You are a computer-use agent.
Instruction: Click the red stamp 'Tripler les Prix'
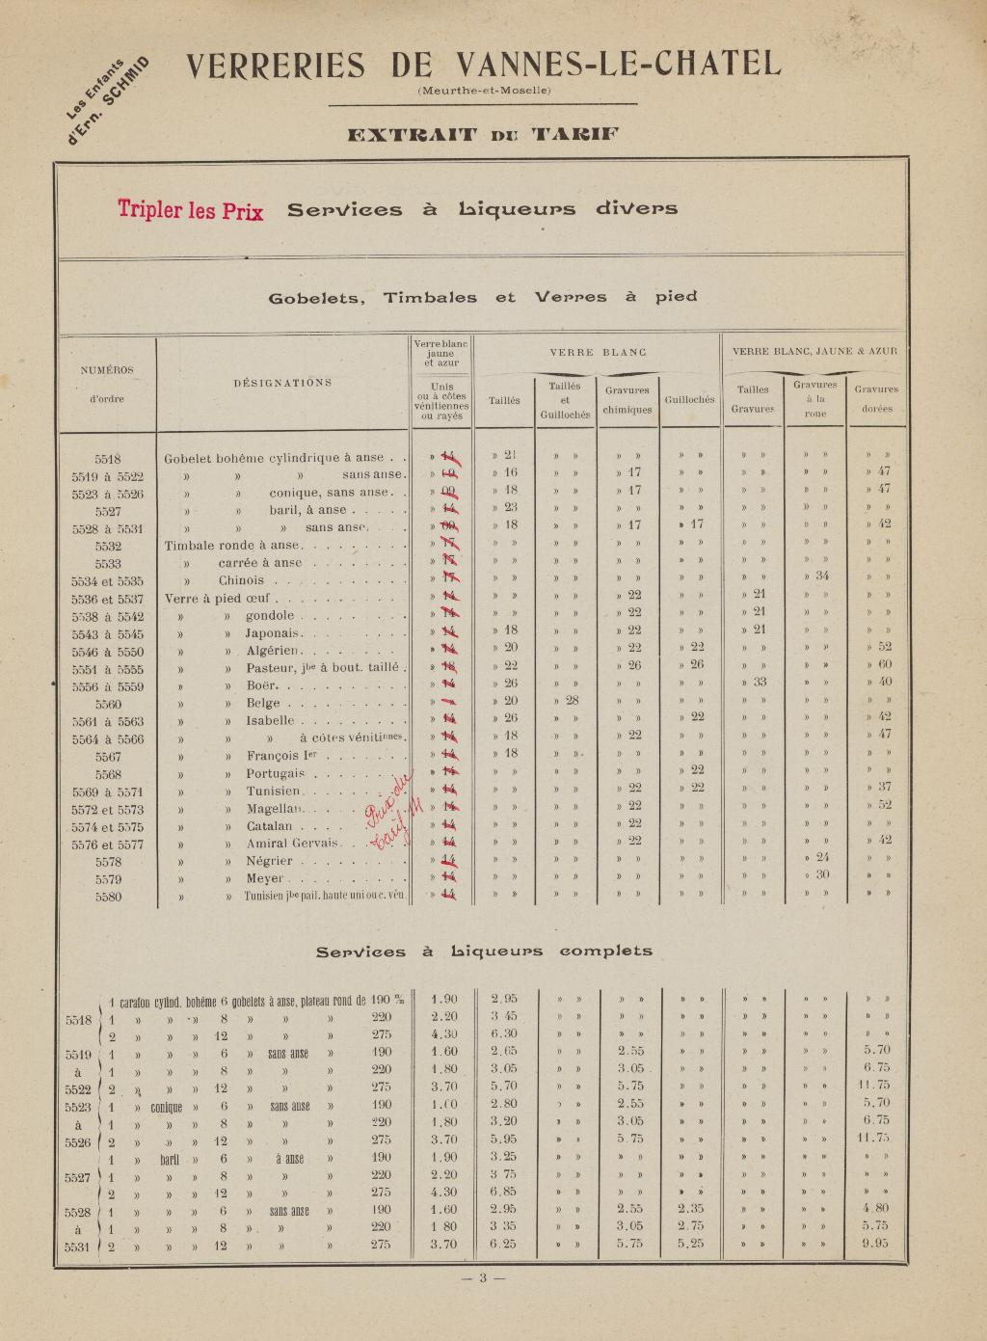pyautogui.click(x=191, y=209)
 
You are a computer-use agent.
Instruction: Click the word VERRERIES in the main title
pyautogui.click(x=276, y=65)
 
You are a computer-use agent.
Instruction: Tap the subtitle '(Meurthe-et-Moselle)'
pyautogui.click(x=484, y=92)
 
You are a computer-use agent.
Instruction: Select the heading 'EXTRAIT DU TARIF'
pyautogui.click(x=483, y=134)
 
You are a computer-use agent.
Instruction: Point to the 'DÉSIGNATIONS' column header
pyautogui.click(x=282, y=383)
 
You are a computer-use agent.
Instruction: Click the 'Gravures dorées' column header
pyautogui.click(x=876, y=398)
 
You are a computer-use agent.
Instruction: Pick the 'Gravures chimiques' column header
pyautogui.click(x=627, y=399)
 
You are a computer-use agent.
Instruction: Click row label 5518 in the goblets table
pyautogui.click(x=108, y=459)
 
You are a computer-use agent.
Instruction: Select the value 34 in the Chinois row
pyautogui.click(x=822, y=576)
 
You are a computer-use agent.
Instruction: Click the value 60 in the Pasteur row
pyautogui.click(x=884, y=665)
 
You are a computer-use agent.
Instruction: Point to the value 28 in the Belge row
pyautogui.click(x=572, y=700)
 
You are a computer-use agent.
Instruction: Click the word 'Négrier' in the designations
pyautogui.click(x=269, y=861)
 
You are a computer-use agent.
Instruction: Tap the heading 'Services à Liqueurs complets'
pyautogui.click(x=484, y=951)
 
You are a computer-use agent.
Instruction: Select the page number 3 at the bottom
pyautogui.click(x=484, y=1278)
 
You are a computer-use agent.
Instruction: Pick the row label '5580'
pyautogui.click(x=108, y=897)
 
